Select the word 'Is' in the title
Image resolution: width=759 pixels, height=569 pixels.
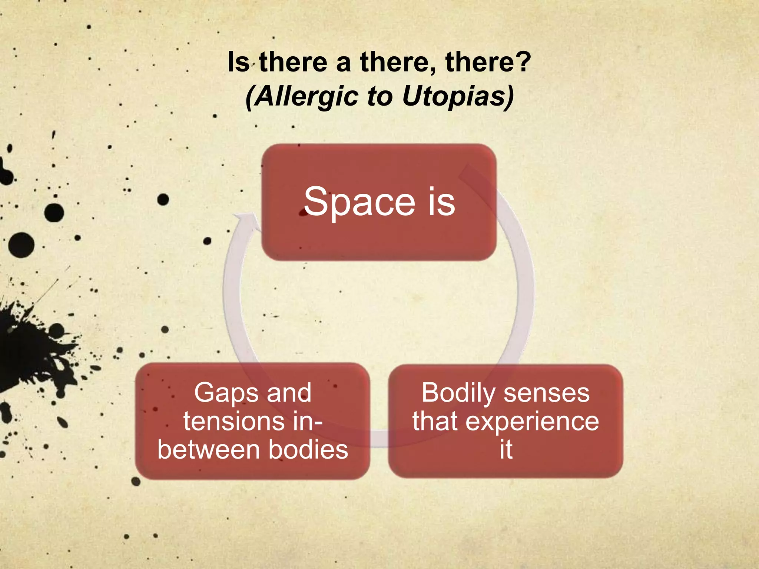(238, 62)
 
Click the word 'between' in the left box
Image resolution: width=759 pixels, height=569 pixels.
(209, 450)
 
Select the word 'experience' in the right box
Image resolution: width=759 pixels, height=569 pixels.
(532, 422)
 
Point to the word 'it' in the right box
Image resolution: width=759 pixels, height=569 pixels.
(506, 450)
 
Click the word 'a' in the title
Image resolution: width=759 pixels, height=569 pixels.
(343, 62)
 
